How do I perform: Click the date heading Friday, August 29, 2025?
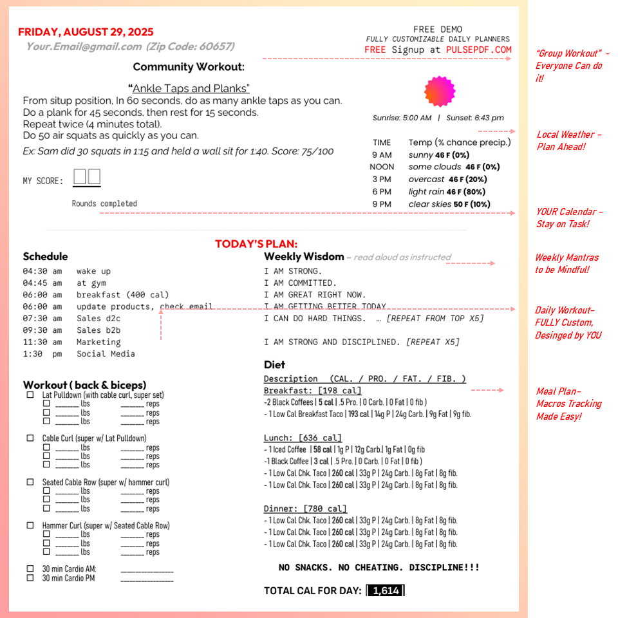86,32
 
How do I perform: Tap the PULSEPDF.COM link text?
479,50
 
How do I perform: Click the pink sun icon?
440,91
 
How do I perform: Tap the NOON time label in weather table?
382,167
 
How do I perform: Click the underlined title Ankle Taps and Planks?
191,88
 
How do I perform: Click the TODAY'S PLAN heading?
256,244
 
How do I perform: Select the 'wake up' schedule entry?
93,271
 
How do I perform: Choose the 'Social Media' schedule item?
106,353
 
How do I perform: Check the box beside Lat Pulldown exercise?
30,395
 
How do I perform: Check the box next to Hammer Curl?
30,525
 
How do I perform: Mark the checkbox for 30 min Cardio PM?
30,577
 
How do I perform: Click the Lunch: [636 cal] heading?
303,438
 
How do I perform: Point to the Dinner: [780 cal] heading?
305,509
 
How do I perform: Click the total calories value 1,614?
386,591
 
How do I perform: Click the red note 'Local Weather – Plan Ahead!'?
569,140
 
